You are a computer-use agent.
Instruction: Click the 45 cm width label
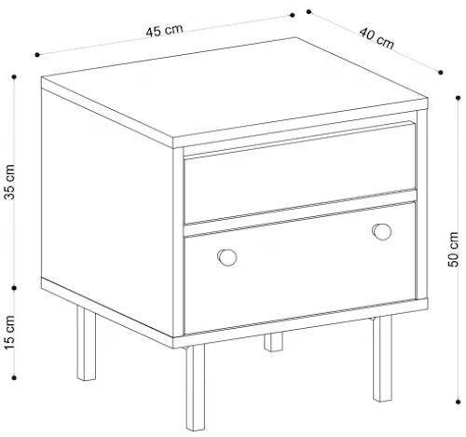(x=164, y=31)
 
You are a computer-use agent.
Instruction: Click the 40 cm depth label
(x=377, y=38)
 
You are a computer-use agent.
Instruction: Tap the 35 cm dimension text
(x=9, y=182)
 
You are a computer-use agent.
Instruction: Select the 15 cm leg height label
(x=9, y=333)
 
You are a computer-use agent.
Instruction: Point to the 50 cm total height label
(x=454, y=249)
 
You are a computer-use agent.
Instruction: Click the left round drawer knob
(x=227, y=257)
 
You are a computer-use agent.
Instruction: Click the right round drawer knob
(x=382, y=232)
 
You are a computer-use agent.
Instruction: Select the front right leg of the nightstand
(x=383, y=359)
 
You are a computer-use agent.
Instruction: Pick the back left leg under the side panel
(x=86, y=343)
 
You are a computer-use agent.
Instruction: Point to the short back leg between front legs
(x=273, y=342)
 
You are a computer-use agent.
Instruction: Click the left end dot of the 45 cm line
(x=37, y=55)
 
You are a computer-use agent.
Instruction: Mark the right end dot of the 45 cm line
(x=292, y=15)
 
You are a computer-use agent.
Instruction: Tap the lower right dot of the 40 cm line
(x=441, y=73)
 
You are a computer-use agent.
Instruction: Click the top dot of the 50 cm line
(x=458, y=98)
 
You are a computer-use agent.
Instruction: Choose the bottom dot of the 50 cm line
(x=458, y=402)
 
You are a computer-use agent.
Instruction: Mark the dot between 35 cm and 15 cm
(x=14, y=288)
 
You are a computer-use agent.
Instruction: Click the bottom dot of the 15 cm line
(x=14, y=377)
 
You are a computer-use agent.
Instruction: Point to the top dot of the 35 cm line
(x=14, y=76)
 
